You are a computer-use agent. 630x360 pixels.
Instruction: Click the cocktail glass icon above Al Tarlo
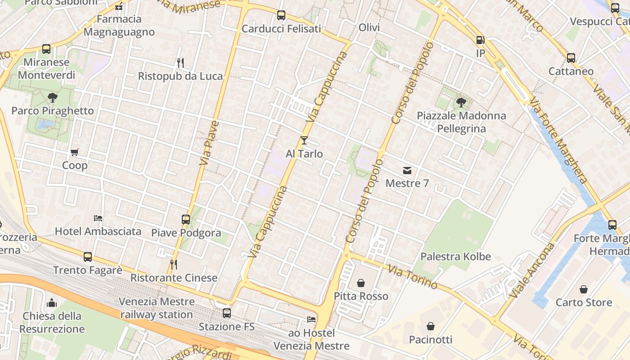point(304,140)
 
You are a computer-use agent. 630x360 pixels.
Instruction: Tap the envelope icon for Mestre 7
point(407,170)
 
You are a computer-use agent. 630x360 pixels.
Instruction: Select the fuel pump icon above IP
point(481,40)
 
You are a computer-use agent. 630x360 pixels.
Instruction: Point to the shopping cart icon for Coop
point(75,152)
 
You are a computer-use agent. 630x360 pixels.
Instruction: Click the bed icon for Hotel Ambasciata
point(98,218)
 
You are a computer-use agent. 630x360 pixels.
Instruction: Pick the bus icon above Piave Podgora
point(186,220)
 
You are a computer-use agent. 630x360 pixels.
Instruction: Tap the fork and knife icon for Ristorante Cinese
point(174,265)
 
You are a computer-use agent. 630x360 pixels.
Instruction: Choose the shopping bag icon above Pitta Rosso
point(361,283)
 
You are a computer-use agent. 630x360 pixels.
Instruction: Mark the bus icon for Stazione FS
point(227,313)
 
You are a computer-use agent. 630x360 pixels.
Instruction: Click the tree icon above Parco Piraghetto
point(53,98)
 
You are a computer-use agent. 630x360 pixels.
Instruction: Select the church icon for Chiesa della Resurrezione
point(52,303)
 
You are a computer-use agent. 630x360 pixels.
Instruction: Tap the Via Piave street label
point(208,142)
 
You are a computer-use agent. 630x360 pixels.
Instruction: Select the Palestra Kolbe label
point(455,257)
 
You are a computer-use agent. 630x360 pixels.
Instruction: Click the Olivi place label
point(369,28)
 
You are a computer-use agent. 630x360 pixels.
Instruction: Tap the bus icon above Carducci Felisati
point(281,15)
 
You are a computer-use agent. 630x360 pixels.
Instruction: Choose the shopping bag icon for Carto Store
point(584,289)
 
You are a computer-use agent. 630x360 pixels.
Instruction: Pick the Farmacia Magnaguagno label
point(119,26)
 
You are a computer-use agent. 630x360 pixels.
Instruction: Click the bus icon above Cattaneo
point(571,58)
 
